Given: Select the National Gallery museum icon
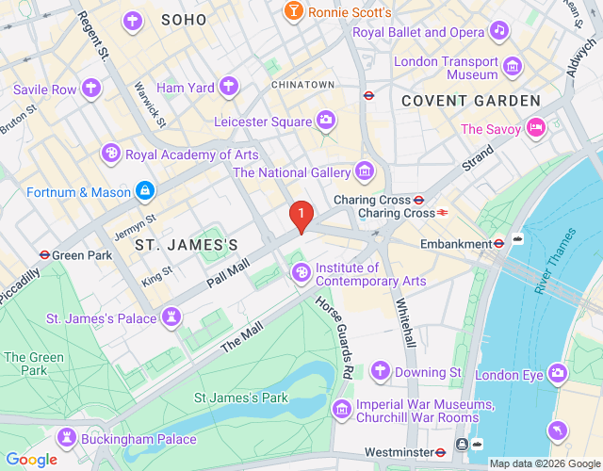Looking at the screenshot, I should [365, 172].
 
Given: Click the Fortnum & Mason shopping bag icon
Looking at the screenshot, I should [144, 192].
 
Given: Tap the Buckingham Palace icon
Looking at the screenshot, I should [68, 437].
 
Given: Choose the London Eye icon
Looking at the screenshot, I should [558, 375].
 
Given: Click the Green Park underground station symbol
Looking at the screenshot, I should [43, 254].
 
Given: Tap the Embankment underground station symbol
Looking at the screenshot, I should [499, 243].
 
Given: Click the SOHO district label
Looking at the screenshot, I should [184, 20].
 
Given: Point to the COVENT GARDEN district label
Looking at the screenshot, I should [471, 100].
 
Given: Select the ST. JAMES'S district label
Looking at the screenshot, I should [186, 245].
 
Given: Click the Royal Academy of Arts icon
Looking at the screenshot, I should [111, 154].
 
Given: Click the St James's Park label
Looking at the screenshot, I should [240, 398].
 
